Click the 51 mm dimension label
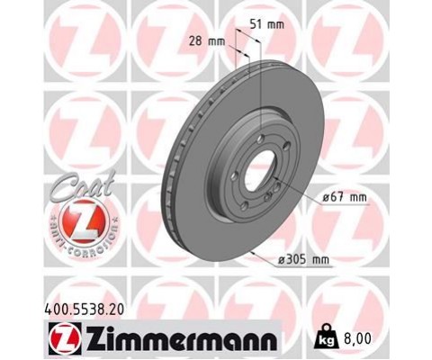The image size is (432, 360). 267,24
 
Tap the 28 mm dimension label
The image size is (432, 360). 207,40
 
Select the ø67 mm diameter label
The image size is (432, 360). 344,197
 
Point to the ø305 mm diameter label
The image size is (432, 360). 303,259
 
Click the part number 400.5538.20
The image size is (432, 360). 84,310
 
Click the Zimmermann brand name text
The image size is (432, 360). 182,339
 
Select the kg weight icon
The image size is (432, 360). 326,337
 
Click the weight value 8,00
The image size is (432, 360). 356,338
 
